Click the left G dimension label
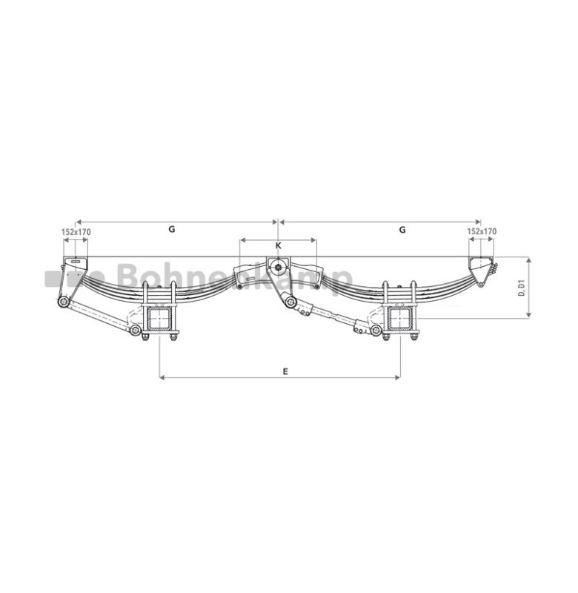[x=172, y=229]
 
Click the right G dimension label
[x=402, y=230]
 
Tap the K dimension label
[x=278, y=246]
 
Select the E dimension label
[x=285, y=371]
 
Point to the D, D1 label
[x=521, y=288]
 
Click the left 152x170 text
[x=76, y=232]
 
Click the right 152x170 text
[x=482, y=231]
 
